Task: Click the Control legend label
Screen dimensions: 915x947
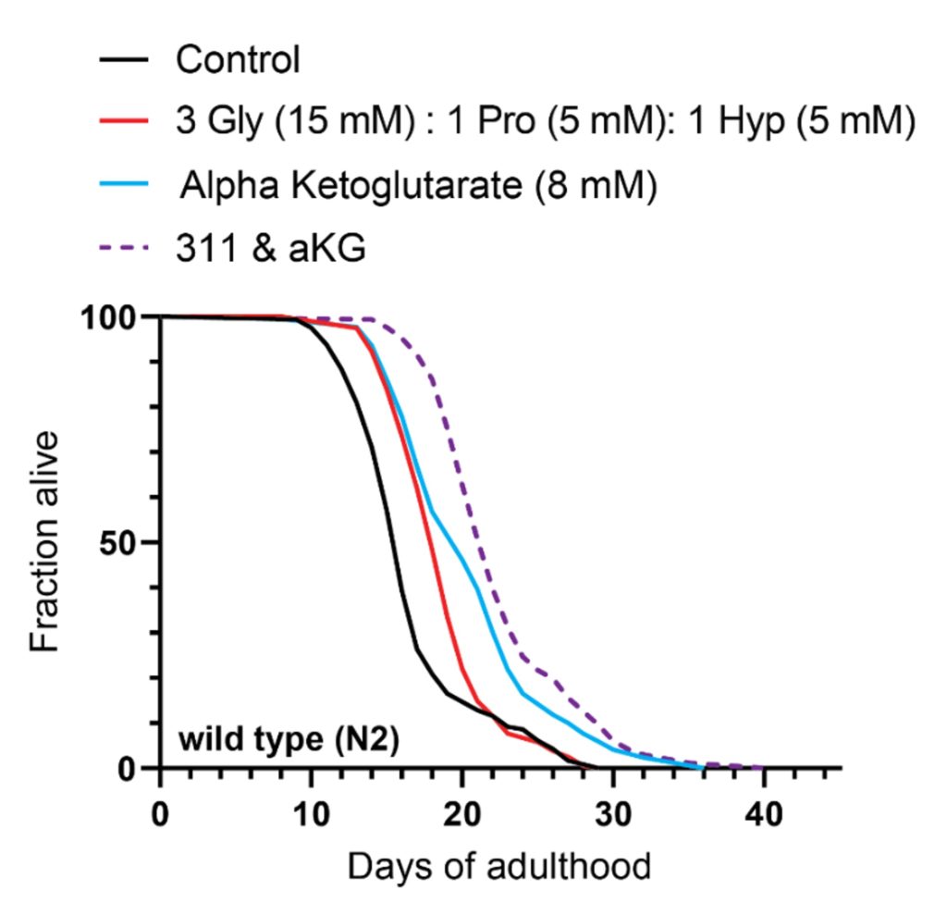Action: point(239,61)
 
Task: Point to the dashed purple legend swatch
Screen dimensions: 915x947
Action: point(124,248)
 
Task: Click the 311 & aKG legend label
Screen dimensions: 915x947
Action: point(271,248)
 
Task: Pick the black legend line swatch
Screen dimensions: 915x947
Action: point(124,61)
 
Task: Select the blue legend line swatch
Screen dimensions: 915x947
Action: point(124,185)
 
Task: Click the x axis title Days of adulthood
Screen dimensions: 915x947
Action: point(499,868)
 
